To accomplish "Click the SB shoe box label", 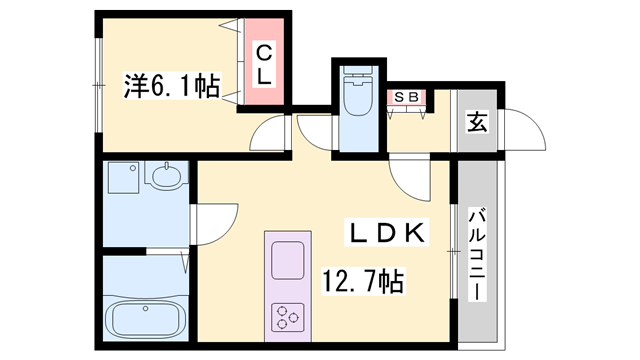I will (x=407, y=97).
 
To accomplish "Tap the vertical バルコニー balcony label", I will (x=478, y=255).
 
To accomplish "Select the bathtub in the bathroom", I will (x=146, y=318).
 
